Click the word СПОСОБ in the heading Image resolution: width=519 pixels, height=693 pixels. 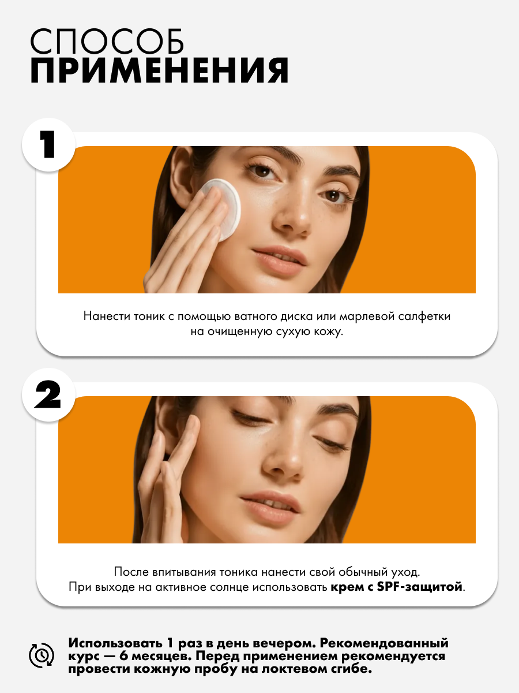click(x=107, y=42)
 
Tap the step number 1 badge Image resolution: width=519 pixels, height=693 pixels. click(x=49, y=145)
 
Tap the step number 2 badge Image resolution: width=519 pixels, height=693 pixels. click(x=49, y=395)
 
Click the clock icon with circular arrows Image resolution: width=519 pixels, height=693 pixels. click(x=42, y=655)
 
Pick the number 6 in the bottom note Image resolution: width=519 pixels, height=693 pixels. click(x=123, y=655)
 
